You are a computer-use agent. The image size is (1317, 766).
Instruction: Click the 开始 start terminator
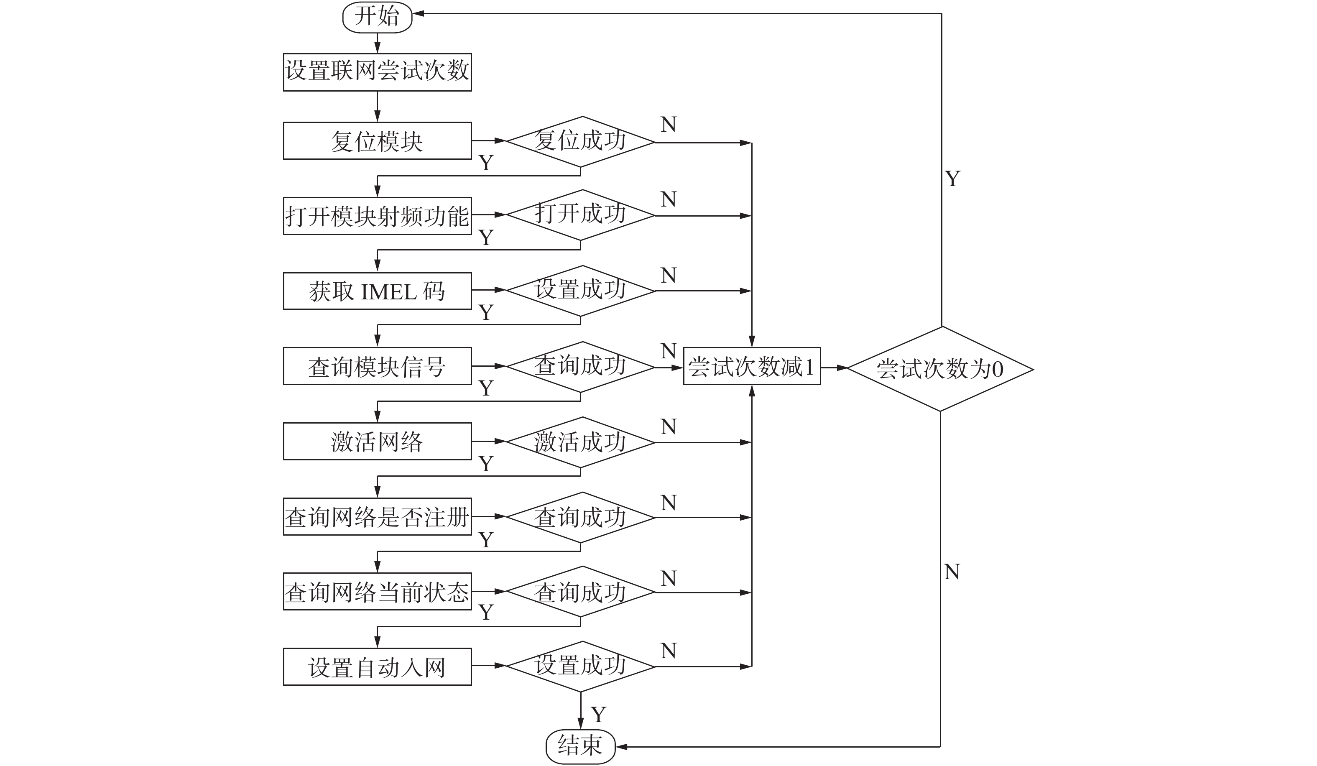click(377, 17)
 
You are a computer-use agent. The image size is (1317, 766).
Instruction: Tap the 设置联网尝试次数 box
click(377, 72)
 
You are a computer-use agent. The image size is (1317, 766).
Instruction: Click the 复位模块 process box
click(377, 141)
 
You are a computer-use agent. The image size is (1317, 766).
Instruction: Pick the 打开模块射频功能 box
click(377, 216)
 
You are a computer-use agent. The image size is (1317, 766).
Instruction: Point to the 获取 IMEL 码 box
click(377, 291)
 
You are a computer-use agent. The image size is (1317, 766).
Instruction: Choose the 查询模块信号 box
click(377, 366)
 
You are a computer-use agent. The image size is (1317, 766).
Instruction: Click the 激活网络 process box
click(377, 442)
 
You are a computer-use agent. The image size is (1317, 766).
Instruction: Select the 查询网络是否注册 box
click(377, 517)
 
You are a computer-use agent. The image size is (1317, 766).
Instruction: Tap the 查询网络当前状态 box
click(377, 592)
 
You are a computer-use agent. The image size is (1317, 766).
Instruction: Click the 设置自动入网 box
click(377, 667)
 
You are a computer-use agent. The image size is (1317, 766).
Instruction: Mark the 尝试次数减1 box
click(752, 366)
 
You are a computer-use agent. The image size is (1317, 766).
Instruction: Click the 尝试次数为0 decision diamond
click(940, 369)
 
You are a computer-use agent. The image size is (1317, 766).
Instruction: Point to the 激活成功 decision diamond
click(580, 442)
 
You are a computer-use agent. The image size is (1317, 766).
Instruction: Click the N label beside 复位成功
click(669, 124)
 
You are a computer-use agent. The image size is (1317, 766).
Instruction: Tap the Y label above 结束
click(598, 714)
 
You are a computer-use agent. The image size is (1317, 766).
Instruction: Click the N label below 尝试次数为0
click(952, 572)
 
